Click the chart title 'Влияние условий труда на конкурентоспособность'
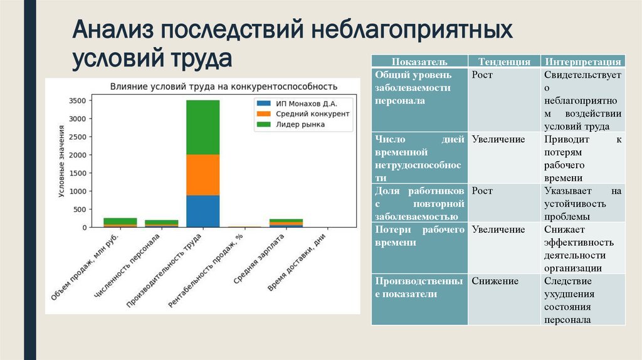click(x=224, y=86)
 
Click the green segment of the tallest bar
click(x=203, y=127)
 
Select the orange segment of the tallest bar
click(x=203, y=175)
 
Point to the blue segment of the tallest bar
click(x=203, y=211)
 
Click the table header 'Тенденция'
click(x=505, y=61)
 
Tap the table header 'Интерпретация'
click(x=583, y=61)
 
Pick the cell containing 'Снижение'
click(x=495, y=281)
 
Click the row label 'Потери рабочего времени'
click(x=419, y=236)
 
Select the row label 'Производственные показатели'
click(x=419, y=287)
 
